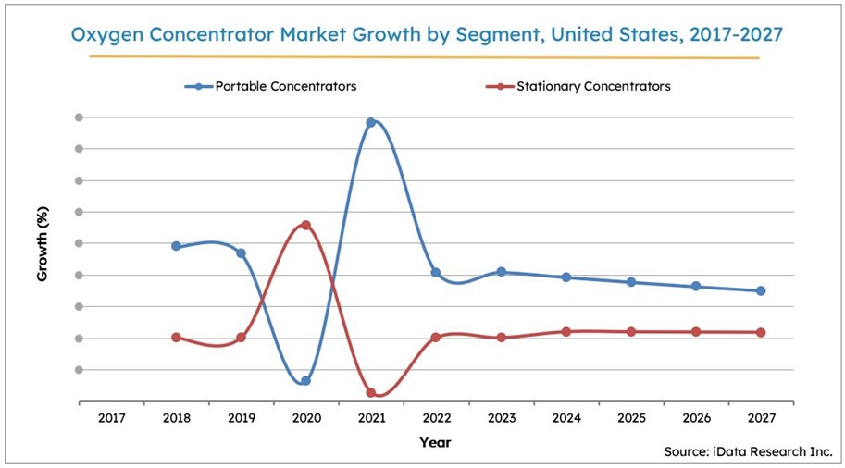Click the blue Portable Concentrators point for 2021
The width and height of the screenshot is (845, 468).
pyautogui.click(x=371, y=122)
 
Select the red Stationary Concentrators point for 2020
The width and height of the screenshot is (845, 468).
pyautogui.click(x=305, y=225)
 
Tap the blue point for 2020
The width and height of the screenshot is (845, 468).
pyautogui.click(x=305, y=381)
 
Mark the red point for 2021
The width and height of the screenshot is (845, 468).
pyautogui.click(x=371, y=393)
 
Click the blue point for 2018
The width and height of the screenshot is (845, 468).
pyautogui.click(x=176, y=246)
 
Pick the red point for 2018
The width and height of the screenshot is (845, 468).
pyautogui.click(x=176, y=338)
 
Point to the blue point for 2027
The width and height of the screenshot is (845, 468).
pyautogui.click(x=761, y=290)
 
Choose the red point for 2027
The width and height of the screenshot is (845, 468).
pyautogui.click(x=761, y=332)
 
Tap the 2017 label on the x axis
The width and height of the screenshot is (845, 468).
pyautogui.click(x=111, y=419)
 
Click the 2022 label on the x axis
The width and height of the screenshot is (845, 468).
pyautogui.click(x=436, y=419)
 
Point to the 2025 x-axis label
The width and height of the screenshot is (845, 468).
pyautogui.click(x=631, y=419)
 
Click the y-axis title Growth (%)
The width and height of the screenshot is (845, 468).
pyautogui.click(x=43, y=244)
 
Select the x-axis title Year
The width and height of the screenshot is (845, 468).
pyautogui.click(x=435, y=442)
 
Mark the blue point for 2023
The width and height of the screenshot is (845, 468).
pyautogui.click(x=501, y=272)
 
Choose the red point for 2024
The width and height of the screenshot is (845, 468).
pyautogui.click(x=566, y=331)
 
